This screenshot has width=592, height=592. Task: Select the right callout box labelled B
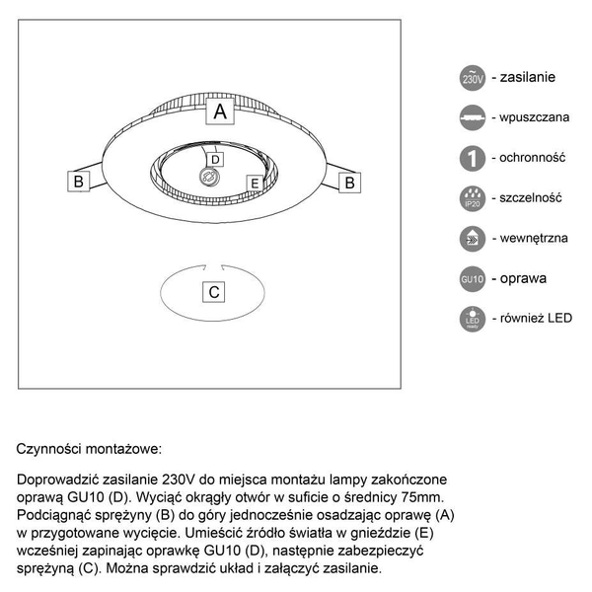point(348,182)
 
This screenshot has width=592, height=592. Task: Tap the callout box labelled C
point(214,292)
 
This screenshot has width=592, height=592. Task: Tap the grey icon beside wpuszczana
point(473,117)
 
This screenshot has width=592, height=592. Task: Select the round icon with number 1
point(473,158)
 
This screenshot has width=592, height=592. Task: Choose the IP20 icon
point(473,198)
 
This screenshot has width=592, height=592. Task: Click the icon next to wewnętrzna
point(473,239)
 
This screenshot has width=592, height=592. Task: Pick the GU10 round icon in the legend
point(473,279)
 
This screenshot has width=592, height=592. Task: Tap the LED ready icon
point(473,320)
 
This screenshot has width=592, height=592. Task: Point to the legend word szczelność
point(531,197)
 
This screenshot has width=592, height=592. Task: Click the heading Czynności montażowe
point(88,449)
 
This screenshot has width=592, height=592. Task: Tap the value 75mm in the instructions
point(433,496)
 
